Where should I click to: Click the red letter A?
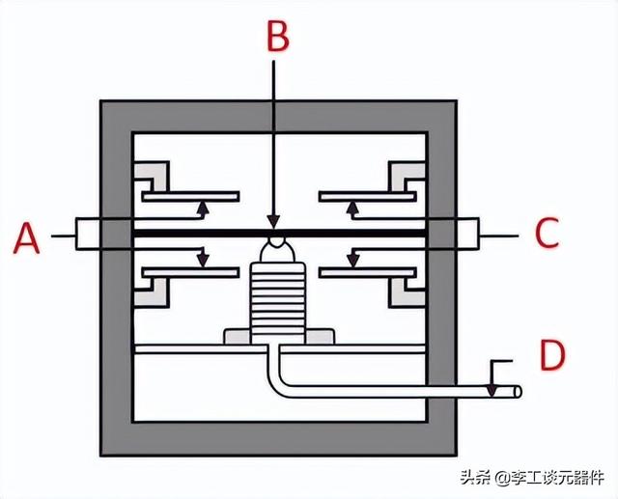pos(26,237)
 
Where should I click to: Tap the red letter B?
pos(278,37)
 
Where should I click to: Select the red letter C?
pos(548,233)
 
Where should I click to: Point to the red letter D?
pos(552,355)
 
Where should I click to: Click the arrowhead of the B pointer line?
pos(273,221)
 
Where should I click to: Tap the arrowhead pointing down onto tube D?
pos(492,390)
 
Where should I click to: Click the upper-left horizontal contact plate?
pos(190,196)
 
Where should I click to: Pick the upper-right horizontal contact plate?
pos(367,196)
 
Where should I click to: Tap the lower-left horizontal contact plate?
pos(190,272)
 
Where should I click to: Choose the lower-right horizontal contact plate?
pos(367,272)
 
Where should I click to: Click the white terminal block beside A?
pos(88,234)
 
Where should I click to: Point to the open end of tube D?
pos(519,392)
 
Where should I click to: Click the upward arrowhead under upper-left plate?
pos(203,207)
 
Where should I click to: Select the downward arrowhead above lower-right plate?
pos(353,261)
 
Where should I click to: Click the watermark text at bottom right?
pos(532,478)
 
